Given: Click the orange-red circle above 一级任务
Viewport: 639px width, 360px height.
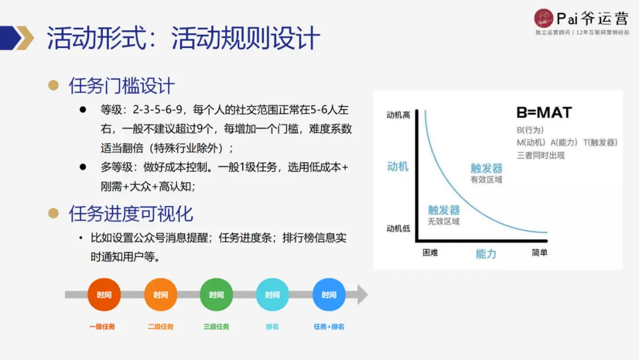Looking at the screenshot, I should [x=104, y=294].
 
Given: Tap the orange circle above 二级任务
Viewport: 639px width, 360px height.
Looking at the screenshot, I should [x=160, y=294].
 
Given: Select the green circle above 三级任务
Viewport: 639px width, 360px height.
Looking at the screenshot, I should [x=217, y=294].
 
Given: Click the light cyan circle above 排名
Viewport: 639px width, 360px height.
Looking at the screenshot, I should [x=272, y=294].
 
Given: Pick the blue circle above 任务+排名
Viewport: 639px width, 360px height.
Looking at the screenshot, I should [x=329, y=294].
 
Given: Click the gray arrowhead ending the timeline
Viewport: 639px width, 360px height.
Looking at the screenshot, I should [x=362, y=294].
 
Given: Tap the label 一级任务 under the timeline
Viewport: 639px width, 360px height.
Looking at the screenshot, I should [x=102, y=326].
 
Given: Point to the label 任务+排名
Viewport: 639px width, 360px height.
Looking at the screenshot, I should [x=329, y=326].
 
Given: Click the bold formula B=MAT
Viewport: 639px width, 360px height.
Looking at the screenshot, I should [x=544, y=113].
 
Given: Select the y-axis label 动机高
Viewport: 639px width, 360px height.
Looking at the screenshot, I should [x=398, y=115].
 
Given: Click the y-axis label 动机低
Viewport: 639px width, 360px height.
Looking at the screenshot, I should [x=398, y=229].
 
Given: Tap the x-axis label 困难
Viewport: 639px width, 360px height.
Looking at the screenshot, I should [x=430, y=253].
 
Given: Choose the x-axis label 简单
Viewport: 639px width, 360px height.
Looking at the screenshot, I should [x=539, y=253].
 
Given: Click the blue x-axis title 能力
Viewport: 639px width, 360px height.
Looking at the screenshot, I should [x=486, y=254].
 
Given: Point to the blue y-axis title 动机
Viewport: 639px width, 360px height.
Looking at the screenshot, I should [x=398, y=166].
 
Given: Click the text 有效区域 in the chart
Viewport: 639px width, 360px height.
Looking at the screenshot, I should [x=486, y=179].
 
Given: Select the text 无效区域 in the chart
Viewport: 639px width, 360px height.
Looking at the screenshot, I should [x=444, y=221].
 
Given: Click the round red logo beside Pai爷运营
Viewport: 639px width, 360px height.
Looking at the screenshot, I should [x=543, y=18].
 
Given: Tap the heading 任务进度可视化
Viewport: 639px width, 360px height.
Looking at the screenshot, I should [x=131, y=214].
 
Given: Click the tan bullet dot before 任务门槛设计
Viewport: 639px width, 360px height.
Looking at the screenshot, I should [x=53, y=85].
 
